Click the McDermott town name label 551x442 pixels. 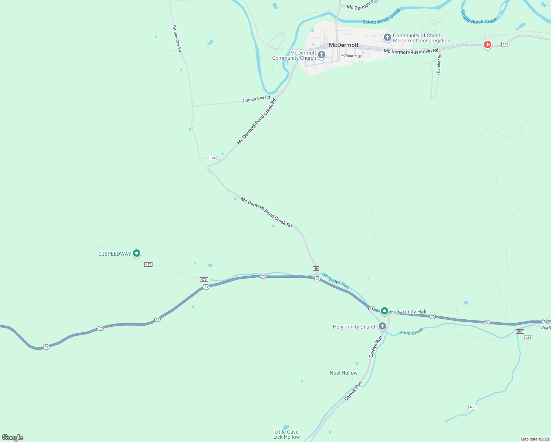[343, 45]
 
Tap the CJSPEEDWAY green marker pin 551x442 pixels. [137, 253]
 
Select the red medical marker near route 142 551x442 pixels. [487, 45]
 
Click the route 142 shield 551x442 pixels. [505, 44]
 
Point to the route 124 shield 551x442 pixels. [213, 158]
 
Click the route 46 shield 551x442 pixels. [316, 269]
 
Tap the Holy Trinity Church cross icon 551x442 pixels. [382, 326]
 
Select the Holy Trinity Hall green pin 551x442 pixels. [384, 311]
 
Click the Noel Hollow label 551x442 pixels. [343, 373]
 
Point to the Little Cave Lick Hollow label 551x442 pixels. [286, 434]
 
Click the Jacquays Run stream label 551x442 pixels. [335, 280]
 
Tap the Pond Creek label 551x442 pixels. [411, 332]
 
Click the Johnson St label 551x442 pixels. [351, 56]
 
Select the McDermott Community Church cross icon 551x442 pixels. [322, 55]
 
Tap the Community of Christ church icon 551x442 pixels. [387, 37]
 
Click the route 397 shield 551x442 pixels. [520, 331]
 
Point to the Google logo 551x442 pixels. [13, 438]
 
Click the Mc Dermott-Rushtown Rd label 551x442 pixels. [411, 51]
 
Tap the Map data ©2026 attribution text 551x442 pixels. [535, 439]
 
